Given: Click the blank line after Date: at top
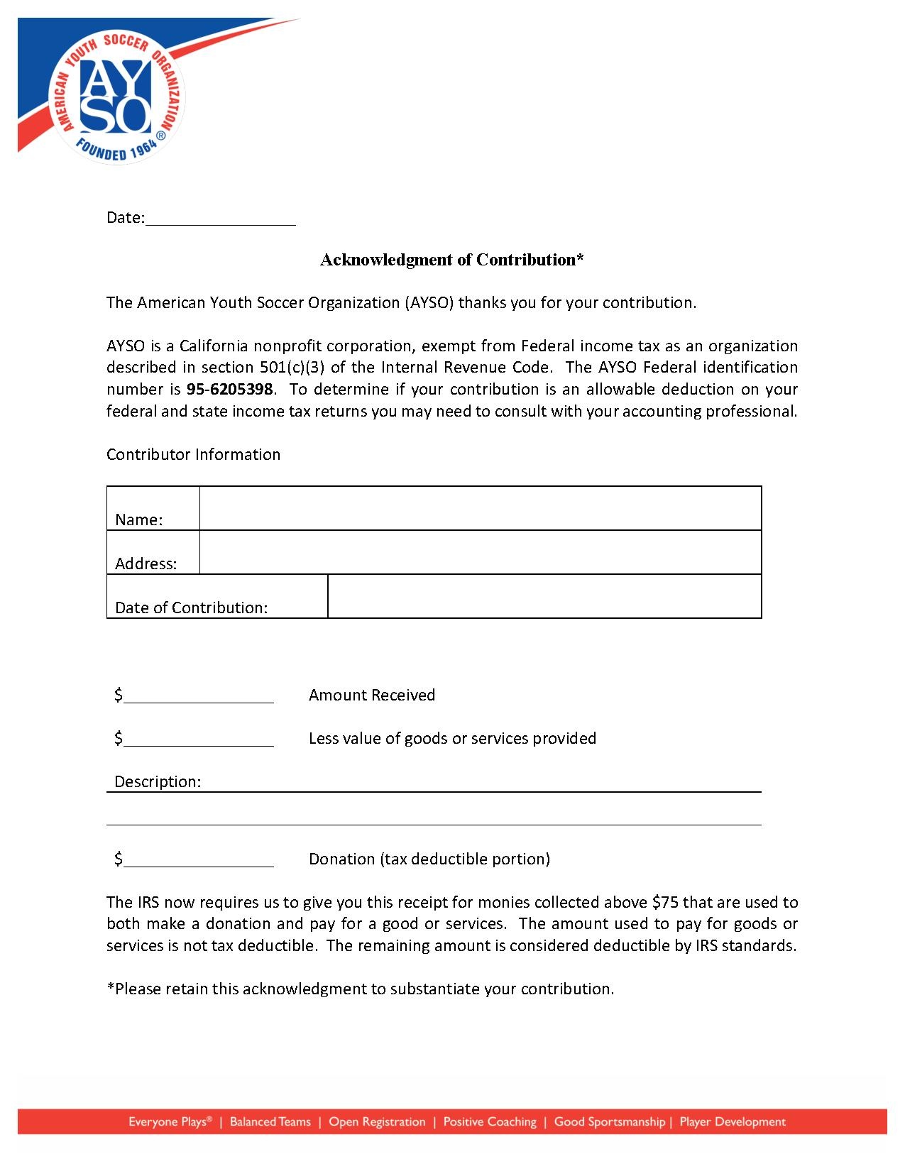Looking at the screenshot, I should click(220, 219).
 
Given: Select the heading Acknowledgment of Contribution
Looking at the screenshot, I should click(451, 260).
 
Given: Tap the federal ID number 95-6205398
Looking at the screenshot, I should click(229, 390).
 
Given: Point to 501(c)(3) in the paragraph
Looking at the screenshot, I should click(292, 368).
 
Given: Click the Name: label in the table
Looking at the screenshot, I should click(139, 519).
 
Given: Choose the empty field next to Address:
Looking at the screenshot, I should click(480, 553).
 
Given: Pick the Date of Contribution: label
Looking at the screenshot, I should click(191, 608).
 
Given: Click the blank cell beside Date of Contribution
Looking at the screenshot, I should click(544, 597).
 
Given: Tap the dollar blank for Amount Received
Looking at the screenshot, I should click(198, 696).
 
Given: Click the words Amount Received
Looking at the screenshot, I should click(371, 696).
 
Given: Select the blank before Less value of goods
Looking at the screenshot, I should click(198, 739).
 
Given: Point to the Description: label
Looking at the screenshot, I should click(158, 782).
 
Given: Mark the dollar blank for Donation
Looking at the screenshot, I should click(198, 859).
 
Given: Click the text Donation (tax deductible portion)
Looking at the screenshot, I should click(429, 859).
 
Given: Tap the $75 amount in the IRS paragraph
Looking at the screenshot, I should click(665, 903).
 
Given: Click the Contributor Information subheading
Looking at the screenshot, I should click(193, 455).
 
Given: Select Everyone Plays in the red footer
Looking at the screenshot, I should click(170, 1122).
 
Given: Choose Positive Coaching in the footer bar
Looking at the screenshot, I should click(490, 1122).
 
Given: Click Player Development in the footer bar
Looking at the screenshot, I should click(733, 1122).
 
